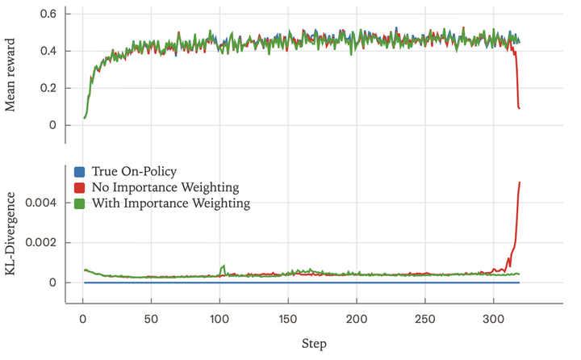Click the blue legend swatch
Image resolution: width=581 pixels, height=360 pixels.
tap(79, 171)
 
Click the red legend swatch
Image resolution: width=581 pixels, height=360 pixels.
tap(79, 187)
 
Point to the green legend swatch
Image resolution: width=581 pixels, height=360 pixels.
tap(79, 203)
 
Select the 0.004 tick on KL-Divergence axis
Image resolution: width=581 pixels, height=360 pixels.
tap(40, 203)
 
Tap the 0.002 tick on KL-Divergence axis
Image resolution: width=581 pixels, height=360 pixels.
tap(40, 243)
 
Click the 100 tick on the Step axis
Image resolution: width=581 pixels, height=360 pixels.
tap(219, 318)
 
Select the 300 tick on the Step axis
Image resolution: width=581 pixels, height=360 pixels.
tap(494, 318)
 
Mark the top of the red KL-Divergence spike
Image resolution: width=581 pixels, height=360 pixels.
tap(520, 182)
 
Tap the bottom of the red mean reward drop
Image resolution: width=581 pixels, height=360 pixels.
tap(520, 108)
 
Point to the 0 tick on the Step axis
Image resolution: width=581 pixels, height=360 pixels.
tap(82, 318)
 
